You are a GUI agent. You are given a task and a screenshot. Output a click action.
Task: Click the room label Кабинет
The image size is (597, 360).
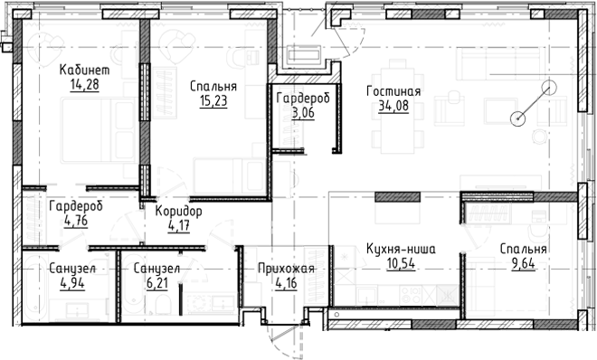84,70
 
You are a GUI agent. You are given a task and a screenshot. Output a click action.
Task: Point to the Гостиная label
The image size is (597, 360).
393,91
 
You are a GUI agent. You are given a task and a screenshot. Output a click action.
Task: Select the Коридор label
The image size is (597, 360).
178,211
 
